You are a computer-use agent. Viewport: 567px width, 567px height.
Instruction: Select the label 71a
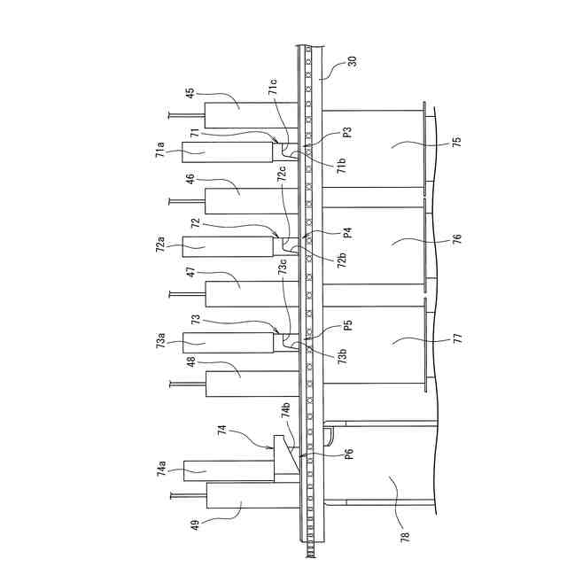coord(160,148)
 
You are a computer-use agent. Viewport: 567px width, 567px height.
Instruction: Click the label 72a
coord(160,244)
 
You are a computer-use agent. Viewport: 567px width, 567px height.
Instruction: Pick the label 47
coord(190,274)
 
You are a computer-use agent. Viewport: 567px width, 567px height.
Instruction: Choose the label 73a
coord(160,339)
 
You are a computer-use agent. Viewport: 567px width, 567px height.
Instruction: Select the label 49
coord(194,524)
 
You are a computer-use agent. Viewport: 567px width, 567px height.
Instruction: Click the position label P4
coord(348,233)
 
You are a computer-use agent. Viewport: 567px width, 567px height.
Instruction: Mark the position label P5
coord(348,325)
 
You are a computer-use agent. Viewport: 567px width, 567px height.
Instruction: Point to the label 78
coord(405,535)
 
